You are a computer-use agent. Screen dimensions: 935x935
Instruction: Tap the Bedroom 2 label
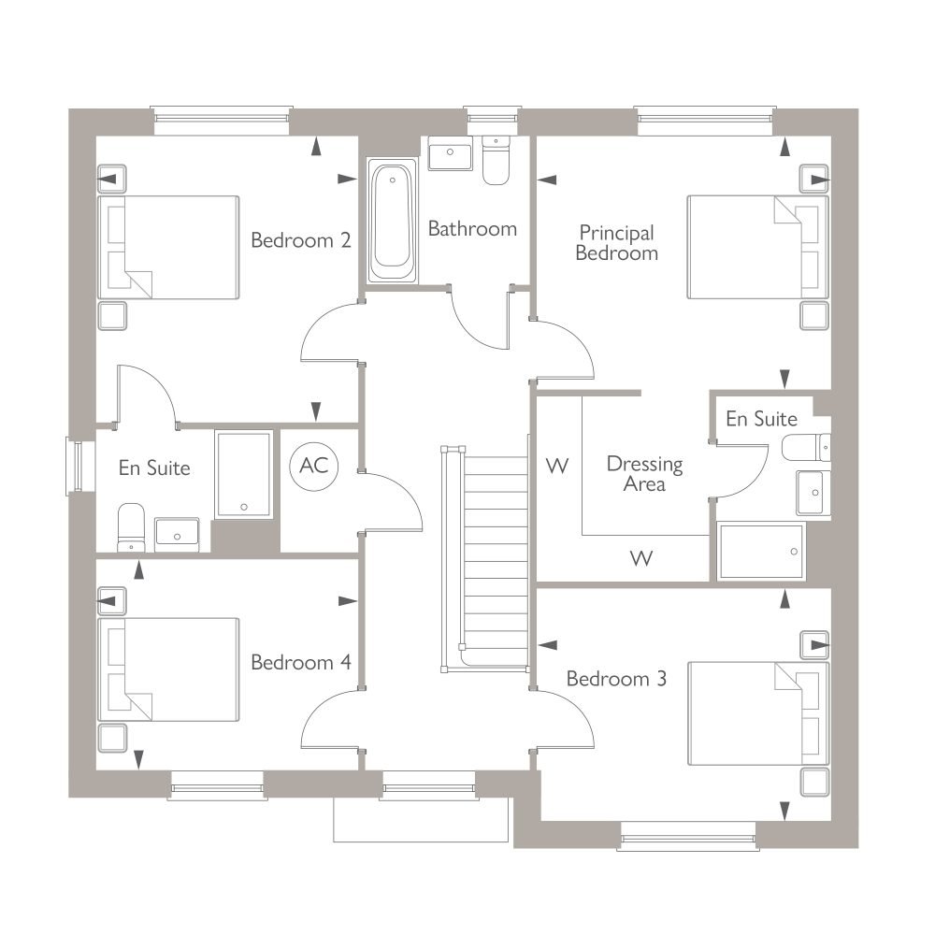click(x=300, y=240)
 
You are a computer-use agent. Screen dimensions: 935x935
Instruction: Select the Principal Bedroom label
click(x=616, y=243)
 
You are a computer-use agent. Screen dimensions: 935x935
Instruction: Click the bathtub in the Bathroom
click(x=392, y=220)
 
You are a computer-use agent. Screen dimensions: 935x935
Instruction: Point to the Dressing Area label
click(x=644, y=473)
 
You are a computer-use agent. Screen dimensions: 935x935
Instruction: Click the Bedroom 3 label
click(x=616, y=679)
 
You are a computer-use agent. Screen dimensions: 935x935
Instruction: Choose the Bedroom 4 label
click(x=300, y=663)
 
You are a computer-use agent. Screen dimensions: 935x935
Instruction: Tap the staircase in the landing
click(x=484, y=559)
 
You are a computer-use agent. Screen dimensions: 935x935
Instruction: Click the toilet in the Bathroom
click(x=496, y=160)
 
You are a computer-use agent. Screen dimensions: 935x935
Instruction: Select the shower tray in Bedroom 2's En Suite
click(x=244, y=475)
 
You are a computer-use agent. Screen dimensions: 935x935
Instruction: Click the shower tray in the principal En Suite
click(x=761, y=552)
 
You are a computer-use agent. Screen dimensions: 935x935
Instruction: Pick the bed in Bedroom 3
click(x=758, y=713)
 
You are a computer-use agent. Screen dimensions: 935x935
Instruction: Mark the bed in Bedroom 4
click(x=168, y=669)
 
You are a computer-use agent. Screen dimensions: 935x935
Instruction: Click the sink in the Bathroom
click(x=451, y=152)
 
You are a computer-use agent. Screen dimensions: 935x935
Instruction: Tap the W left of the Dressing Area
click(x=557, y=466)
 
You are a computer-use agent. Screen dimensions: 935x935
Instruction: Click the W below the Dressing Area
click(x=641, y=559)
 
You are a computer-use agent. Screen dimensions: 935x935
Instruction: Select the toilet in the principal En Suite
click(x=806, y=448)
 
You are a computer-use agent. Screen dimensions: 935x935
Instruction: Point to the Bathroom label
click(x=472, y=229)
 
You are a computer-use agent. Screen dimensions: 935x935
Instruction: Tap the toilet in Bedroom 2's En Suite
click(x=131, y=527)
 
